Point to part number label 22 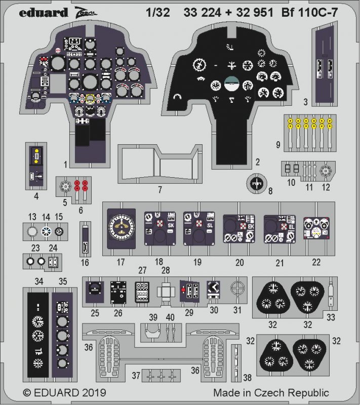pyautogui.click(x=317, y=262)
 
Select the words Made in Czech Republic pyautogui.click(x=271, y=393)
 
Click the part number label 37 pyautogui.click(x=135, y=376)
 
